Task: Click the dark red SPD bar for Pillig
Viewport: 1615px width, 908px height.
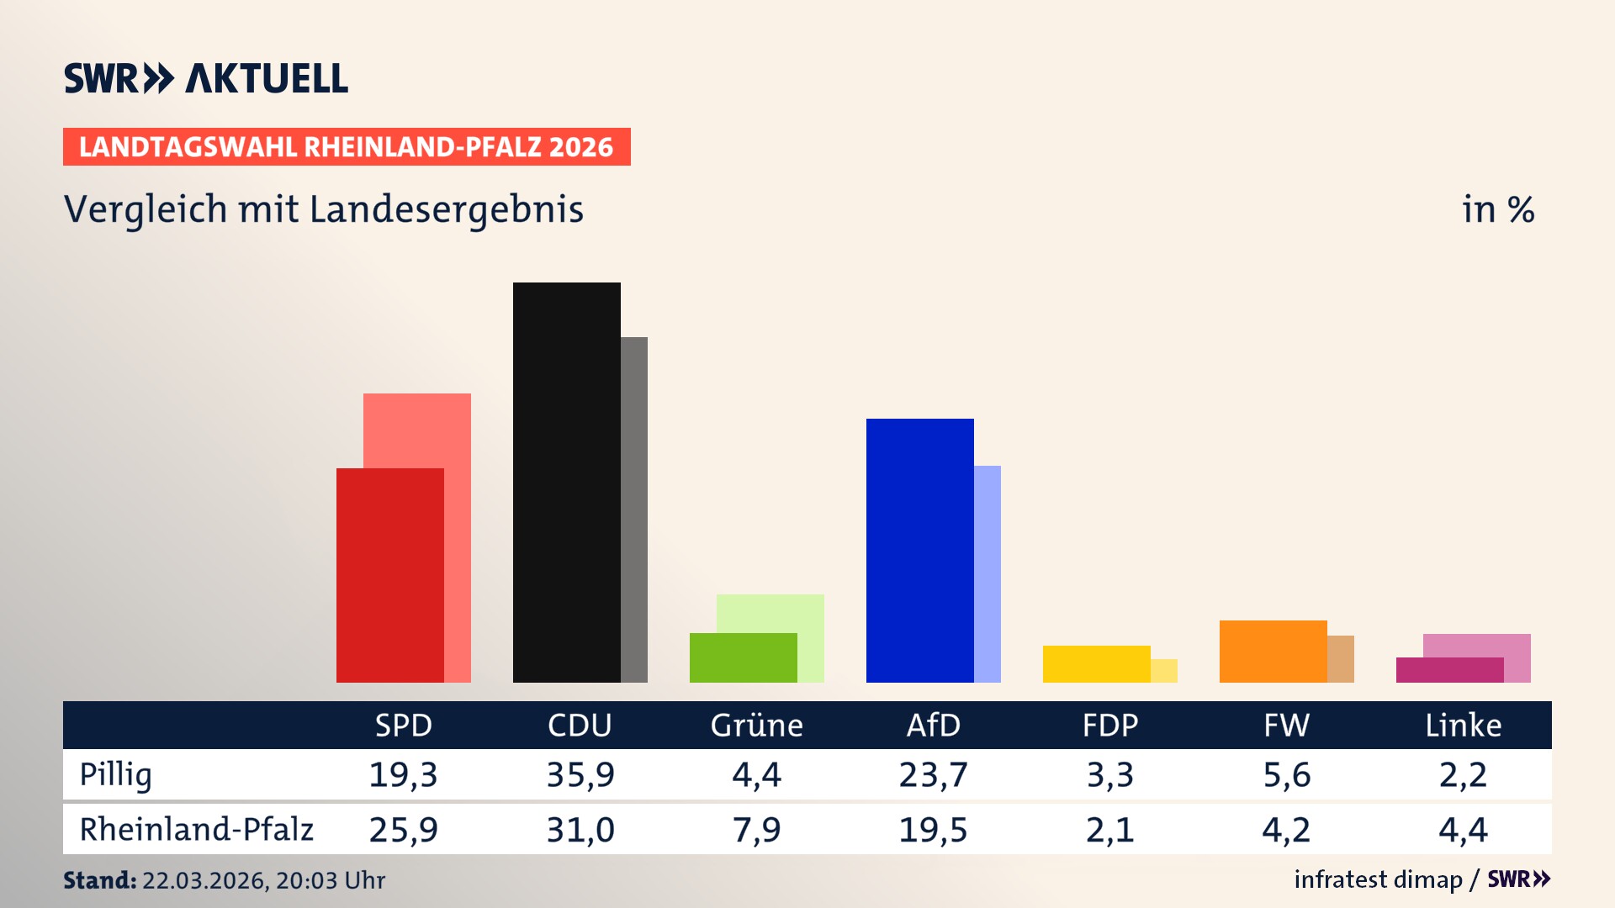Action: pyautogui.click(x=389, y=575)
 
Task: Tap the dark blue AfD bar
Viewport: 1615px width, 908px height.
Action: pyautogui.click(x=919, y=550)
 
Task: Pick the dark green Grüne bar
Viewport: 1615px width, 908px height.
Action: pyautogui.click(x=743, y=657)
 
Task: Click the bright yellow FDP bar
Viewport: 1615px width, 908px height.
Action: pyautogui.click(x=1096, y=664)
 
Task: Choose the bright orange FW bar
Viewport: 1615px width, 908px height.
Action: pyautogui.click(x=1273, y=652)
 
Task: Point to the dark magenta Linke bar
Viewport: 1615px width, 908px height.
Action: pyautogui.click(x=1449, y=670)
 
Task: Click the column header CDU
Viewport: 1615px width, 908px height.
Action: pyautogui.click(x=580, y=726)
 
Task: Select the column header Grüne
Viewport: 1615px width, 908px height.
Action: pyautogui.click(x=756, y=726)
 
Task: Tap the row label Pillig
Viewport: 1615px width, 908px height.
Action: pyautogui.click(x=115, y=774)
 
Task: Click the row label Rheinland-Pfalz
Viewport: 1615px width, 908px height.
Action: pyautogui.click(x=196, y=830)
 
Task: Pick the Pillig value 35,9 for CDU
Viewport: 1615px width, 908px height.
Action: pyautogui.click(x=580, y=774)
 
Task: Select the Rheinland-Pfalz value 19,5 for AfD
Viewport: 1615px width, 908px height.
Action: pyautogui.click(x=933, y=830)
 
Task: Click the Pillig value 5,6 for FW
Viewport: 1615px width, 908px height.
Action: pyautogui.click(x=1286, y=774)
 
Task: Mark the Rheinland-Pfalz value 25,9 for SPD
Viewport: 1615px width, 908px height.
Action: pyautogui.click(x=403, y=830)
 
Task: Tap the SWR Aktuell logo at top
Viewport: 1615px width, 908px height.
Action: pyautogui.click(x=205, y=78)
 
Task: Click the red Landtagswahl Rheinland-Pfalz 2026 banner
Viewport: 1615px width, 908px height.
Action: pyautogui.click(x=346, y=147)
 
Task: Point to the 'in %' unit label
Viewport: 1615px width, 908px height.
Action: pyautogui.click(x=1497, y=209)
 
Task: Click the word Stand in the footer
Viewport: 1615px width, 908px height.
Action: pyautogui.click(x=99, y=880)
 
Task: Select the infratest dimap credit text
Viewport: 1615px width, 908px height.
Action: pyautogui.click(x=1377, y=879)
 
